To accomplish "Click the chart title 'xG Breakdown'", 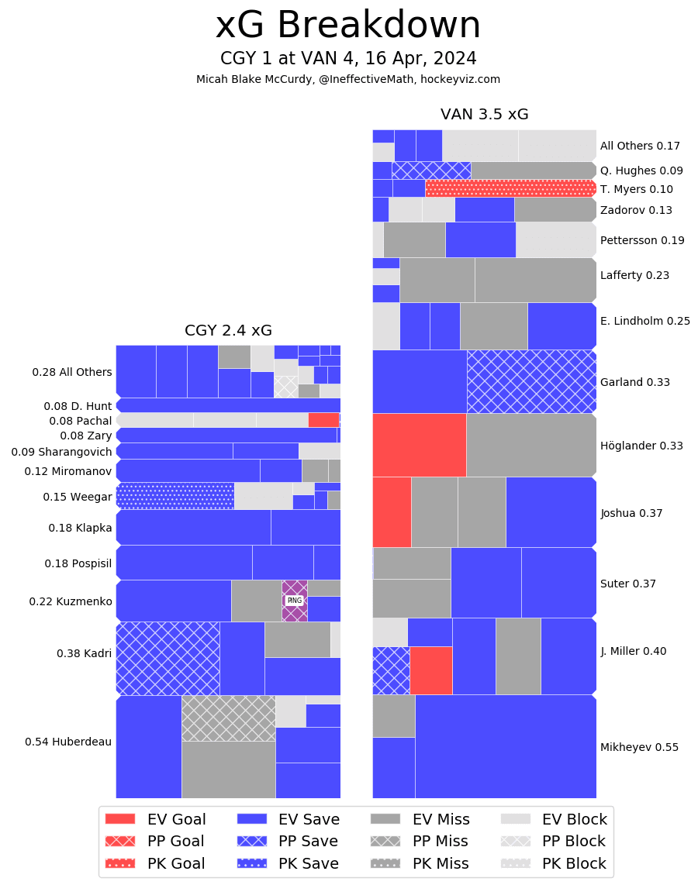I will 348,26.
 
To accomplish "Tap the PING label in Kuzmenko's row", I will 294,601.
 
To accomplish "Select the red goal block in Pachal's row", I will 323,420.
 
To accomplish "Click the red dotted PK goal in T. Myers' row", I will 510,188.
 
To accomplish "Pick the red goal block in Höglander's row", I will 419,445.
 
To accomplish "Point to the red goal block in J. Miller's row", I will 430,670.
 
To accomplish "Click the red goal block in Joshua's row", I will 392,512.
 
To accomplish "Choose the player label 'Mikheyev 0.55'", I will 639,747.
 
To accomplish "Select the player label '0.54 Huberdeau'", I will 68,742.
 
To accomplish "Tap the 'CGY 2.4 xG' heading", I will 228,331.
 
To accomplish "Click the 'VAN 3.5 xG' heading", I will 484,115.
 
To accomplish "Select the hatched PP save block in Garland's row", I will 531,381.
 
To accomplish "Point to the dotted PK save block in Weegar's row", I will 174,496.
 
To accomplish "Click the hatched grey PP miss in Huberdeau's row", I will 228,718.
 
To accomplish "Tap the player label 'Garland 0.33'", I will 634,382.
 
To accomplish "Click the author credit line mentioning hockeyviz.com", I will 348,79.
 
